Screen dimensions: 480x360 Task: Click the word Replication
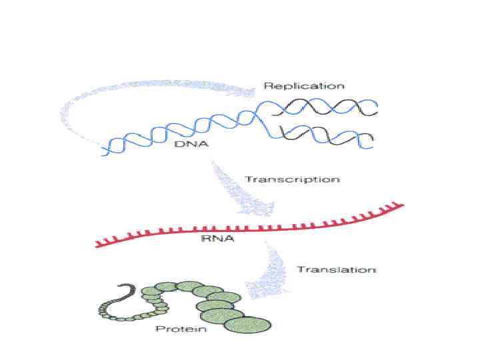pyautogui.click(x=304, y=86)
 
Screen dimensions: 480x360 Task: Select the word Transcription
pyautogui.click(x=292, y=179)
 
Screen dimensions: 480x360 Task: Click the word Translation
pyautogui.click(x=337, y=270)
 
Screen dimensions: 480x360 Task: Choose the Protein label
pyautogui.click(x=181, y=329)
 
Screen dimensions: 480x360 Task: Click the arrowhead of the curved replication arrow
pyautogui.click(x=248, y=93)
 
